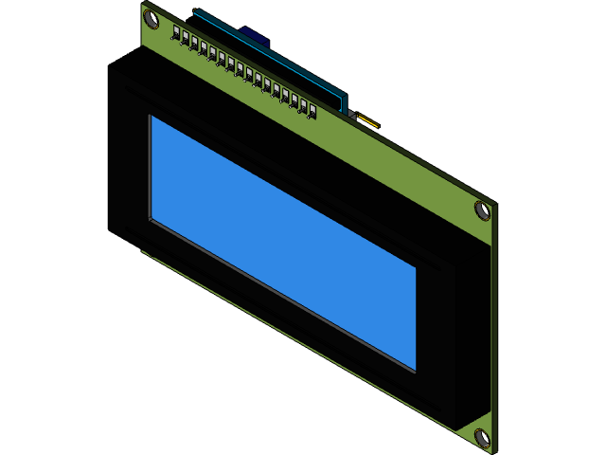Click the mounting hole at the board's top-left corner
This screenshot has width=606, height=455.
pyautogui.click(x=151, y=17)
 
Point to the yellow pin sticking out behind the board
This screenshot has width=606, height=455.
pyautogui.click(x=368, y=121)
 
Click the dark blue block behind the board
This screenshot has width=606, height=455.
pyautogui.click(x=255, y=36)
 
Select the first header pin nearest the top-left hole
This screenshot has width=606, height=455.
pyautogui.click(x=177, y=33)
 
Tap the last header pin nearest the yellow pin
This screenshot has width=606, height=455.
pyautogui.click(x=312, y=111)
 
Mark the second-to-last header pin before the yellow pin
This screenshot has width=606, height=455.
pyautogui.click(x=303, y=105)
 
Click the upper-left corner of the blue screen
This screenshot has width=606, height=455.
pyautogui.click(x=151, y=117)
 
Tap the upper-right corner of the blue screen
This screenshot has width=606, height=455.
pyautogui.click(x=415, y=268)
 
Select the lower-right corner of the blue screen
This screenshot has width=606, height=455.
pyautogui.click(x=415, y=370)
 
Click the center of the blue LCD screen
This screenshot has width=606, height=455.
pyautogui.click(x=282, y=243)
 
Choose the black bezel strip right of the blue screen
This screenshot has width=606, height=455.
pyautogui.click(x=436, y=332)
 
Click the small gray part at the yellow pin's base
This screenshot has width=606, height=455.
pyautogui.click(x=352, y=115)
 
